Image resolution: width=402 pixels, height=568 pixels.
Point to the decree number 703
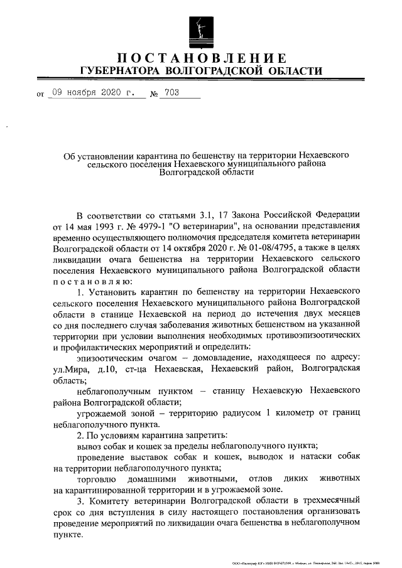[x=170, y=94]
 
